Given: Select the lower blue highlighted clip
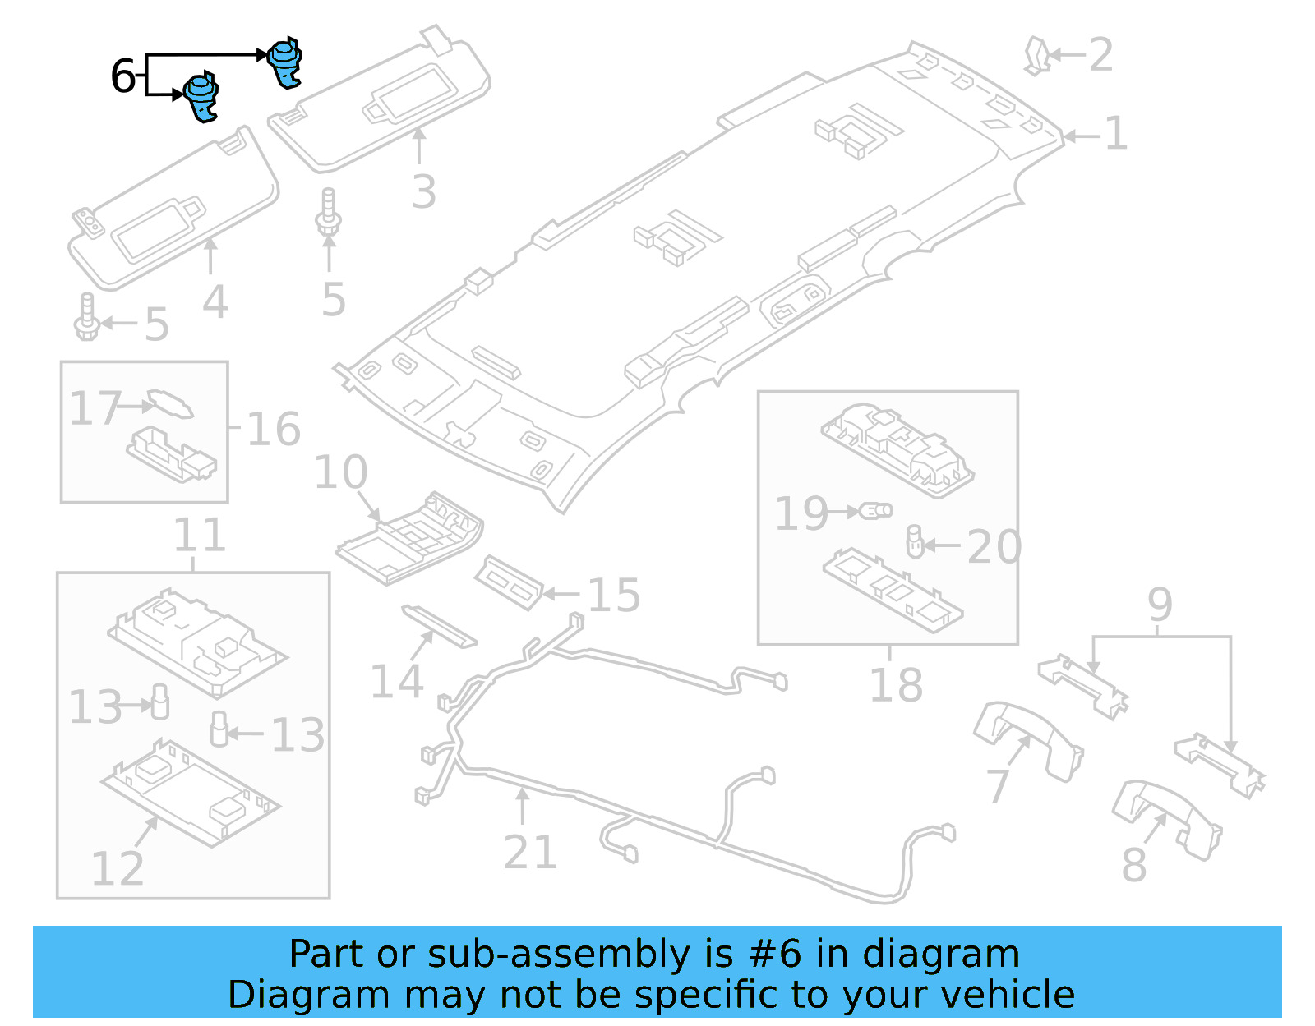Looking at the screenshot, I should click(x=201, y=96).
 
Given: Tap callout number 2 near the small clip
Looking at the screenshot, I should click(x=1100, y=55).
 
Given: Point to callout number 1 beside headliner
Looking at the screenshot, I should click(x=1115, y=133).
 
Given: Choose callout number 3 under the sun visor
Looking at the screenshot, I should click(x=423, y=191).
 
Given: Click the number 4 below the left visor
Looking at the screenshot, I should click(x=215, y=302).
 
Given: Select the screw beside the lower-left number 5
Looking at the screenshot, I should click(x=87, y=318).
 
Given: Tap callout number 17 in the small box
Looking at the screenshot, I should click(x=95, y=408).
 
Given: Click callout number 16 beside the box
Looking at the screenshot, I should click(x=274, y=430).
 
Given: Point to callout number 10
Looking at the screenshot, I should click(x=340, y=472).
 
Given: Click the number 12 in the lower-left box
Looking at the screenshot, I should click(x=118, y=868).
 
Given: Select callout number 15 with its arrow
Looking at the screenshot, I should click(x=614, y=595).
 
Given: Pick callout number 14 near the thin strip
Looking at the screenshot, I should click(x=397, y=682).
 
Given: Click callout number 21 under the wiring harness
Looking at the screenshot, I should click(x=530, y=852).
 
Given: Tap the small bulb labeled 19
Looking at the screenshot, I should click(x=876, y=511).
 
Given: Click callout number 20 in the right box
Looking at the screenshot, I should click(x=994, y=547).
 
